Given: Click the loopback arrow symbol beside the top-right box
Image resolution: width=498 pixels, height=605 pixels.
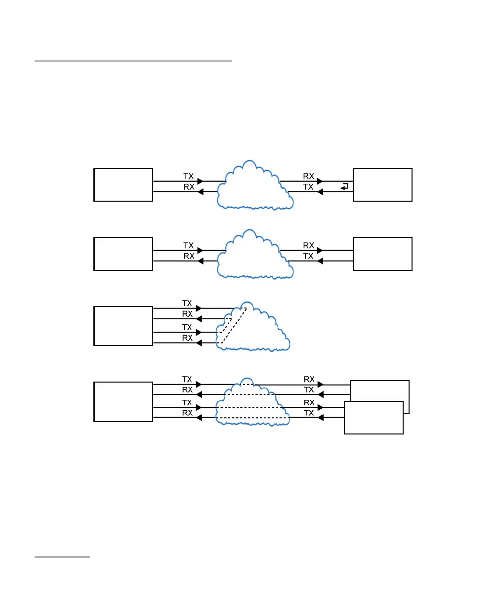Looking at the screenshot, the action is (345, 186).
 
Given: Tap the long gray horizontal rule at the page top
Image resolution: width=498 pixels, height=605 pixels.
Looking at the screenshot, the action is (133, 61).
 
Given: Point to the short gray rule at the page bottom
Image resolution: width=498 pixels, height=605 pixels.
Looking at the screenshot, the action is (62, 557).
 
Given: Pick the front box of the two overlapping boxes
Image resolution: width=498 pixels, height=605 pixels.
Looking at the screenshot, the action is (373, 418).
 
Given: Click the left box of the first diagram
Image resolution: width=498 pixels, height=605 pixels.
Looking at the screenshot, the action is (124, 184).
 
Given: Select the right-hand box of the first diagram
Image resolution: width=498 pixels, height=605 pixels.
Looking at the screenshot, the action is (383, 184).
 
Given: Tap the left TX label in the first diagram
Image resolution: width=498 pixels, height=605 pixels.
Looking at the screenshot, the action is (189, 176).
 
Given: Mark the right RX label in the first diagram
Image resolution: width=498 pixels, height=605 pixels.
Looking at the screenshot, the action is (309, 176).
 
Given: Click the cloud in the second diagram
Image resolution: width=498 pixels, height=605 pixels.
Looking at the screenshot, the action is (253, 255).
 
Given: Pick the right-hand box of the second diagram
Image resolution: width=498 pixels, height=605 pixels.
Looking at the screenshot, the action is (383, 254).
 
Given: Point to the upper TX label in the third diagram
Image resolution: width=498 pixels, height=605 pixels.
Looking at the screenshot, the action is (187, 303).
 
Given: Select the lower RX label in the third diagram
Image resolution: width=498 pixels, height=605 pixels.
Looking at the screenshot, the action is (187, 338).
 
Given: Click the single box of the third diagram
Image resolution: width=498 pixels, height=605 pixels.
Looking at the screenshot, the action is (124, 326).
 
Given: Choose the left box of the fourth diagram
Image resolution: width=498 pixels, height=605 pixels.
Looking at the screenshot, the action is (124, 401).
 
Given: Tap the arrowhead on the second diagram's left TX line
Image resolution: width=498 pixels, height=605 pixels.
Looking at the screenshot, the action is (200, 251).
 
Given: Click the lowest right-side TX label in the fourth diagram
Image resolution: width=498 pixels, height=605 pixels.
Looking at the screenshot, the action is (309, 413).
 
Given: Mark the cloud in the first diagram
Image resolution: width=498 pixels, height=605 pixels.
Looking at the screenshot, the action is (253, 185).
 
